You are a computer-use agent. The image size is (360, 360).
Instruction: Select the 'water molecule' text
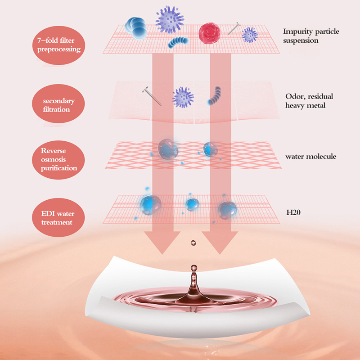311,157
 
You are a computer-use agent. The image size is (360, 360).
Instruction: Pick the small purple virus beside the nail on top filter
249,34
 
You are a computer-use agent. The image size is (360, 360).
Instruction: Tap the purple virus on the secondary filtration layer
183,96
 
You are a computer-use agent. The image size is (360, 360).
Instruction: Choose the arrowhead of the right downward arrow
220,245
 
